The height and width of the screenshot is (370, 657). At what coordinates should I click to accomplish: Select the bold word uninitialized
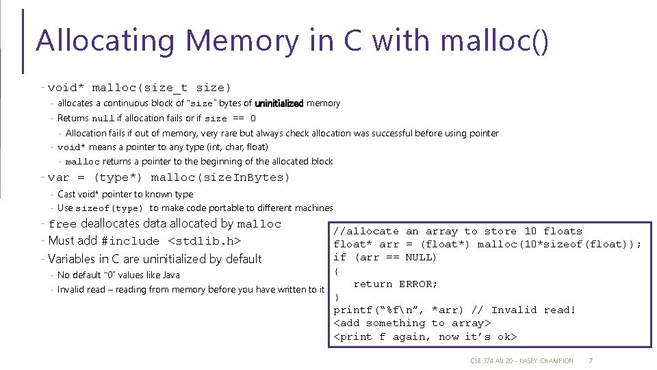tap(279, 103)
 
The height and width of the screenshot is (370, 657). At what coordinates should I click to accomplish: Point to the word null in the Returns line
tap(103, 119)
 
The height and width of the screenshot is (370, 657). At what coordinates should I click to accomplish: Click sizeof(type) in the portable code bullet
tap(109, 208)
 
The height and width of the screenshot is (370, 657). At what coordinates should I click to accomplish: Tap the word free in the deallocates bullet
tap(62, 224)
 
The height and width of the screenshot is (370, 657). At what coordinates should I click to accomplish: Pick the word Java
tap(171, 275)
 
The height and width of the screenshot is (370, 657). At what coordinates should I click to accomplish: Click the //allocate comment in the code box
tap(366, 232)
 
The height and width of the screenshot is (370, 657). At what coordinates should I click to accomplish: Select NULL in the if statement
tap(420, 258)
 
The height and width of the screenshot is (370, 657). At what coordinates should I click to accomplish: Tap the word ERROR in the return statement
tap(418, 284)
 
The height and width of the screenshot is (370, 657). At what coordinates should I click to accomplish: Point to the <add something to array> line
tap(412, 323)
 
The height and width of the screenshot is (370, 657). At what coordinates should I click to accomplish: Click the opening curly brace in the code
tap(336, 271)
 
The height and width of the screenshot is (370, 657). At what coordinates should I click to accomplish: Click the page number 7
tap(590, 360)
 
